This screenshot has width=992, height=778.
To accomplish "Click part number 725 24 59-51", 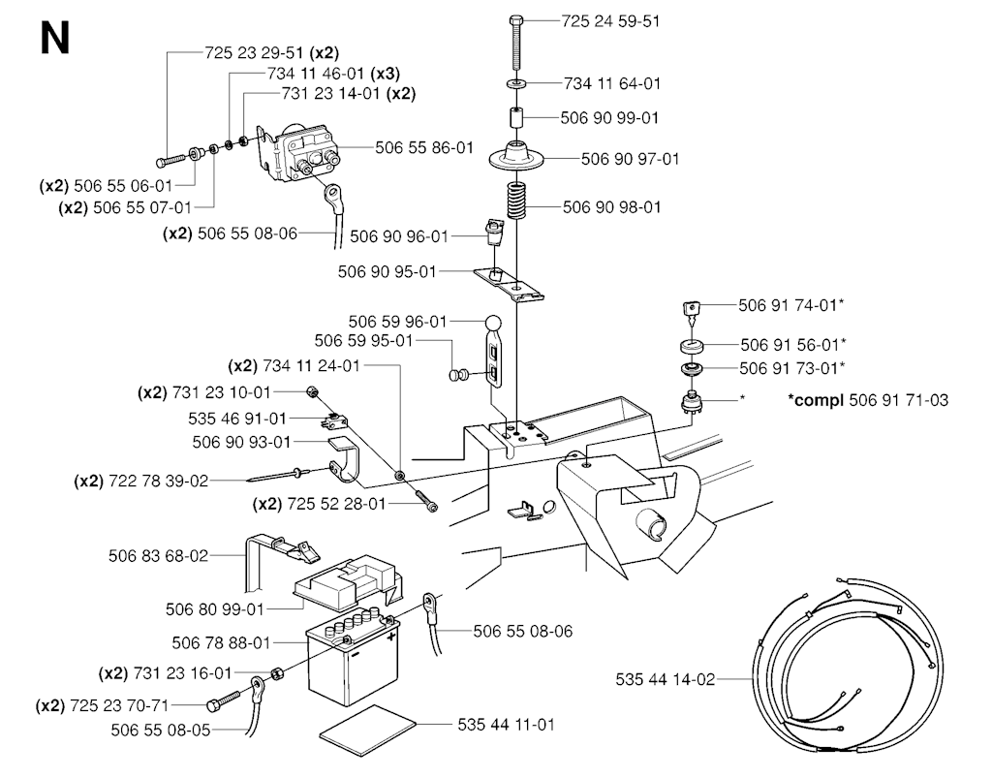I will point(610,20).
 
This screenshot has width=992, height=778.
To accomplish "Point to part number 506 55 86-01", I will point(424,148).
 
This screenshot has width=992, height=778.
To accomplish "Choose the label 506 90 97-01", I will point(630,158).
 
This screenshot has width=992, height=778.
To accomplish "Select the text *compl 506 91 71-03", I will point(869,400).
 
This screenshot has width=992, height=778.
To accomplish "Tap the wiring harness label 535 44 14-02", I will point(665,680).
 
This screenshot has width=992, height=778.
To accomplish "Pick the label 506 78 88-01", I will point(221,642).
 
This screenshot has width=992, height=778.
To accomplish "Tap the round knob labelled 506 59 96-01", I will point(493,323).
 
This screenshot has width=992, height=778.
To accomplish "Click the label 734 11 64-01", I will point(611,84).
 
